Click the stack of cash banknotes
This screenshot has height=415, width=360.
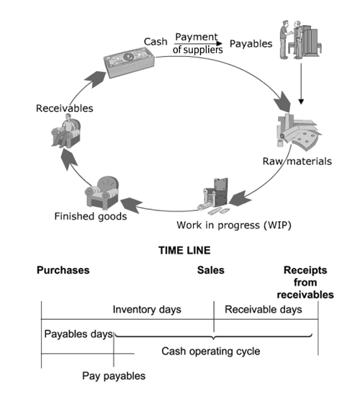pyautogui.click(x=130, y=62)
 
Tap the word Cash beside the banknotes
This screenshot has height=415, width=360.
pyautogui.click(x=156, y=42)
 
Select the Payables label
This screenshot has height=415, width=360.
pyautogui.click(x=251, y=44)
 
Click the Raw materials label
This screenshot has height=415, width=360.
pyautogui.click(x=297, y=161)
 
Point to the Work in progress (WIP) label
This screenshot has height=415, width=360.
pyautogui.click(x=234, y=226)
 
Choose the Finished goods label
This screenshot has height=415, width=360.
pyautogui.click(x=91, y=216)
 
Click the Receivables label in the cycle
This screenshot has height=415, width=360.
pyautogui.click(x=65, y=108)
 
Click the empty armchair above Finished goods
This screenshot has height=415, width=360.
pyautogui.click(x=102, y=192)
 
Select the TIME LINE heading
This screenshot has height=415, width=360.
pyautogui.click(x=184, y=251)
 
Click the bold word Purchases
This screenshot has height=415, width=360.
pyautogui.click(x=63, y=270)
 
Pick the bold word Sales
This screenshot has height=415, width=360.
pyautogui.click(x=210, y=270)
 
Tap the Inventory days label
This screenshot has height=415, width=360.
pyautogui.click(x=147, y=309)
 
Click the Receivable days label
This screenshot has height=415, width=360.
pyautogui.click(x=264, y=309)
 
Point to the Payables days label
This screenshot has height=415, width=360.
pyautogui.click(x=78, y=334)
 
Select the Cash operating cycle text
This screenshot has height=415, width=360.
pyautogui.click(x=211, y=351)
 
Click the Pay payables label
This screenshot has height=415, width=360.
pyautogui.click(x=114, y=376)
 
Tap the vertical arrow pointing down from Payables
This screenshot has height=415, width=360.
pyautogui.click(x=301, y=84)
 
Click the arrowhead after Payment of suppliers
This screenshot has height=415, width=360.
pyautogui.click(x=220, y=43)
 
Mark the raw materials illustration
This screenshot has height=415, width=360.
pyautogui.click(x=298, y=133)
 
